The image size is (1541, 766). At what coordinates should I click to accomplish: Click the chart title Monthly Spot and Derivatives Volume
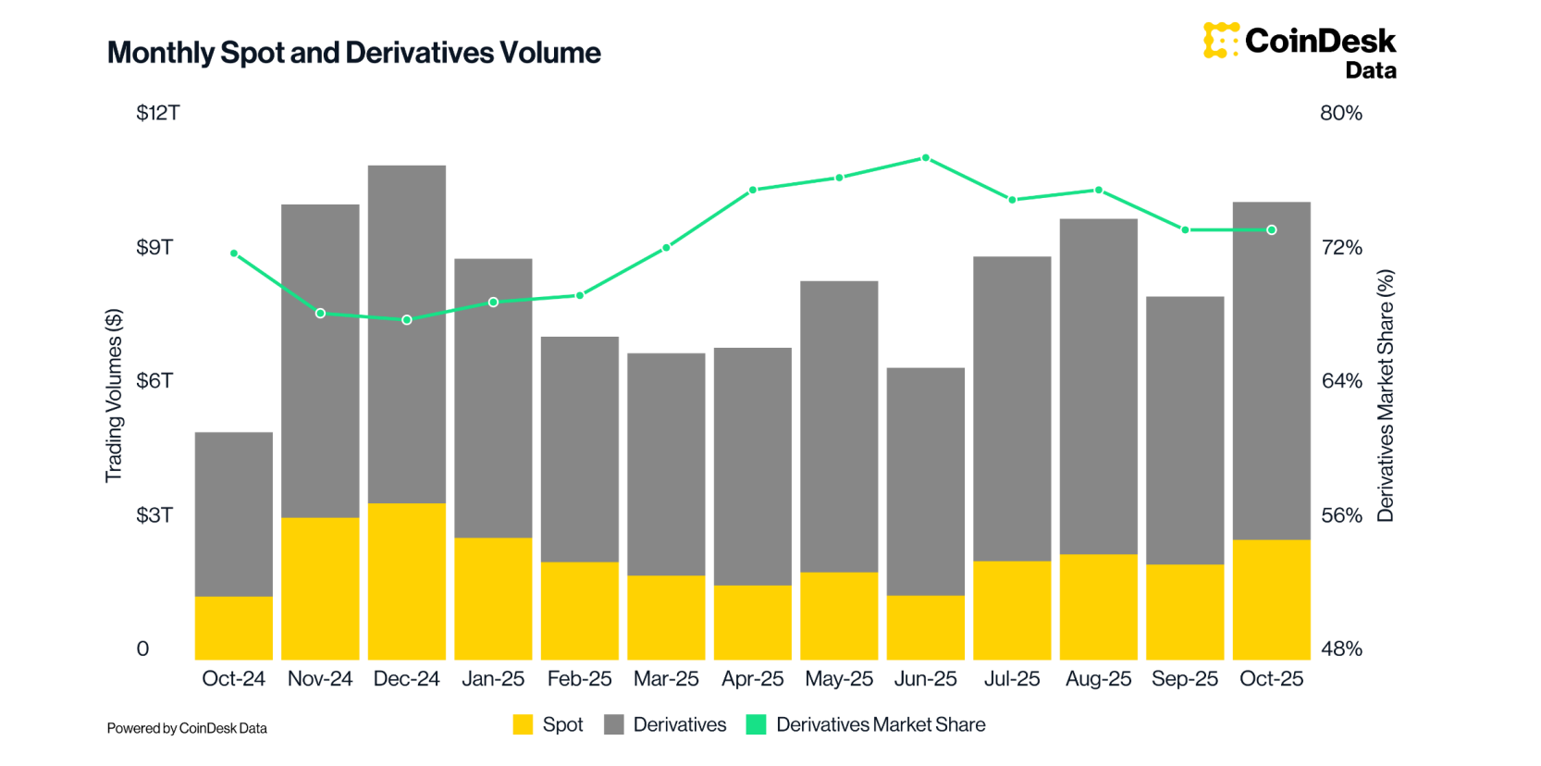pos(353,53)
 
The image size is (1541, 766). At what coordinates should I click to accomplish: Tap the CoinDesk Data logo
pos(1300,50)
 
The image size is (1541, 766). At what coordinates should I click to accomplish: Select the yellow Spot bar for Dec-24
pos(407,580)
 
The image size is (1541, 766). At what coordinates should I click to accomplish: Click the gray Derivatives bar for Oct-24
pos(234,513)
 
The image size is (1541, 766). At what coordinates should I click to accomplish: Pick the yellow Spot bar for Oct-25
pos(1272,599)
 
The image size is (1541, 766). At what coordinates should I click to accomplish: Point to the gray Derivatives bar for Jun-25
pos(926,481)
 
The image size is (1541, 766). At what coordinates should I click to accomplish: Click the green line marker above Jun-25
pos(926,158)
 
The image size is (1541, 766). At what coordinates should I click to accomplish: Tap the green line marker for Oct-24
pos(234,253)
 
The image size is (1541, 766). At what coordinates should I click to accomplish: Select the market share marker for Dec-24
pos(407,320)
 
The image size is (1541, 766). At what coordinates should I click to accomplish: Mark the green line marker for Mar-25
pos(667,248)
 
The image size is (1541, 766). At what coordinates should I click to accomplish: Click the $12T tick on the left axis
pos(158,113)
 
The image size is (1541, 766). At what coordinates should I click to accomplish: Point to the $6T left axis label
pos(154,381)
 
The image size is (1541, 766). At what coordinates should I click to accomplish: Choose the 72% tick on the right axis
pos(1341,247)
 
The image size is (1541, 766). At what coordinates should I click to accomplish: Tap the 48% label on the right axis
pos(1341,649)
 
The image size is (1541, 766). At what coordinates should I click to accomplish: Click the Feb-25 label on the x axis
pos(580,679)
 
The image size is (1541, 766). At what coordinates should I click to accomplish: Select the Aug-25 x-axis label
pos(1099,679)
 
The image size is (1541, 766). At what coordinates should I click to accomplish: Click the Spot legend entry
pos(549,724)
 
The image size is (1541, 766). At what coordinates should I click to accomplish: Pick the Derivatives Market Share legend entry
pos(867,724)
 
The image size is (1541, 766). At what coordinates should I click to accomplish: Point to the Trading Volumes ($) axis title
pos(114,395)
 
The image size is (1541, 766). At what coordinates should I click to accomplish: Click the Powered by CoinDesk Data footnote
pos(187,728)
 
